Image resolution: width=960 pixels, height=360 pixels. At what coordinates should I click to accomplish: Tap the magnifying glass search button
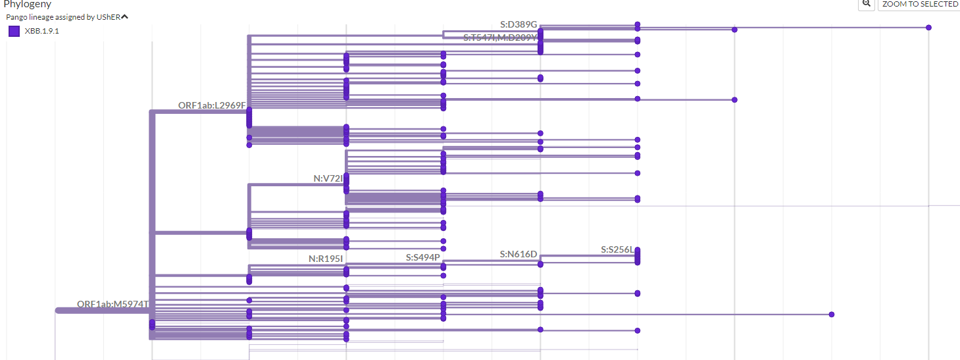866,4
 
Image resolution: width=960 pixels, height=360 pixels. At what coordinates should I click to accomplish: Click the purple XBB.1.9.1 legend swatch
14,31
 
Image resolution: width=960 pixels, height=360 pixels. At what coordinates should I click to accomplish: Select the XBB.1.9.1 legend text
41,31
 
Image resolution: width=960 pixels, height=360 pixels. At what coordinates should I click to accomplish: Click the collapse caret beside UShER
124,16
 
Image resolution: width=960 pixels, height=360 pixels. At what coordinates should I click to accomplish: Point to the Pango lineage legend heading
63,17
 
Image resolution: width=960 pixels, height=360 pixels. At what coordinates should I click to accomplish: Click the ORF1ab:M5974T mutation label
113,304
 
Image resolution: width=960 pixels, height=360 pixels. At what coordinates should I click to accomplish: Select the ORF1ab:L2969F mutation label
211,105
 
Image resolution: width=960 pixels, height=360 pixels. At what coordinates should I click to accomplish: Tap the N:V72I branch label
328,178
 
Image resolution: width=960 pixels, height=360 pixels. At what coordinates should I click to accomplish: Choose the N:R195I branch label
326,259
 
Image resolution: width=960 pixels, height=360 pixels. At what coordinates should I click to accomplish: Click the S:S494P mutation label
422,257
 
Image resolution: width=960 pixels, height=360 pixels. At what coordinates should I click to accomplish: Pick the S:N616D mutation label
518,254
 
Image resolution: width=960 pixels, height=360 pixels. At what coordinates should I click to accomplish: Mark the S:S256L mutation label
617,250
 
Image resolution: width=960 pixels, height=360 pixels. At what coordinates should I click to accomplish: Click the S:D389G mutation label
518,24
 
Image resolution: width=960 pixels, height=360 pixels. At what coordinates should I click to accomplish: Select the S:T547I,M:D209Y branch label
500,38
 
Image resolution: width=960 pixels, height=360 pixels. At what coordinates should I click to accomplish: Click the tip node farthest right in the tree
928,28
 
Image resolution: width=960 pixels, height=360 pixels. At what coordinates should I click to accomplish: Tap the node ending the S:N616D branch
540,264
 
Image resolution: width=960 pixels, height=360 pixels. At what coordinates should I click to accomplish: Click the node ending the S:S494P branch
443,267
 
